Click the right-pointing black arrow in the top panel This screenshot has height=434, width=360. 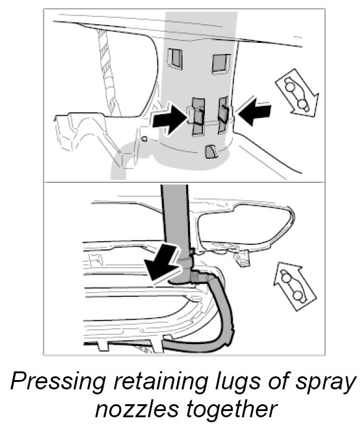pyautogui.click(x=169, y=118)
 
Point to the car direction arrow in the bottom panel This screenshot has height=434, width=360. pyautogui.click(x=294, y=286)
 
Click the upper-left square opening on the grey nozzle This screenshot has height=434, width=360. pyautogui.click(x=174, y=58)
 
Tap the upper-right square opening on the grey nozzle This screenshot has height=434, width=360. pyautogui.click(x=221, y=64)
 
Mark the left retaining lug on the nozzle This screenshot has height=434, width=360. pyautogui.click(x=197, y=116)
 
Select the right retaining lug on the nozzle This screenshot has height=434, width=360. pyautogui.click(x=225, y=114)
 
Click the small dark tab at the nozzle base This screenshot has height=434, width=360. pyautogui.click(x=211, y=152)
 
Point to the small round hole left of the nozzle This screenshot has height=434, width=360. pyautogui.click(x=144, y=138)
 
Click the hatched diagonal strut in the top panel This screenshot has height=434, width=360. pyautogui.click(x=108, y=72)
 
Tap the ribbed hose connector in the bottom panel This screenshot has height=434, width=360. pyautogui.click(x=197, y=277)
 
